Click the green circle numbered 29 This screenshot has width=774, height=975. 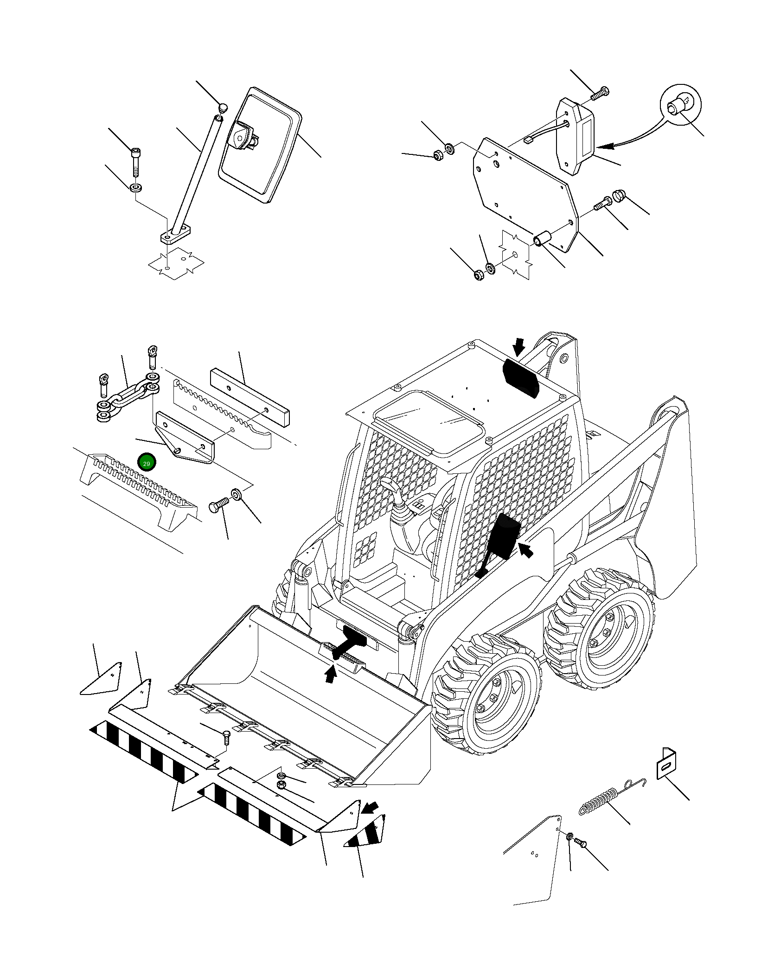[x=147, y=463]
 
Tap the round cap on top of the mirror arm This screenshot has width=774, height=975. [x=223, y=108]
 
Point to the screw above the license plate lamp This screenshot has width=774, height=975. [x=600, y=94]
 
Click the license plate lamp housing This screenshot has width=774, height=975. [x=575, y=137]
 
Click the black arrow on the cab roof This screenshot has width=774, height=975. [x=519, y=346]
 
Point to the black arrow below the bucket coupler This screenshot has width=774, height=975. [x=330, y=675]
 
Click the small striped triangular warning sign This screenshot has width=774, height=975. [x=366, y=835]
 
